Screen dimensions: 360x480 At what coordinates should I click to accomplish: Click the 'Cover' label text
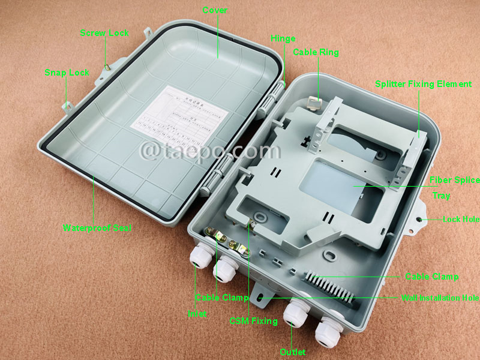coord(215,10)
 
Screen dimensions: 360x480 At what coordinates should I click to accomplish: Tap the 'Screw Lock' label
coord(104,33)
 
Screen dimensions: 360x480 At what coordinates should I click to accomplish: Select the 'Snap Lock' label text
coord(67,73)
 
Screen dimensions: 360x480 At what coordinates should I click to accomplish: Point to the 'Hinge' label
coord(283,38)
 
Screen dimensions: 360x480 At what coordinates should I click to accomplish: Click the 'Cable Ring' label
coord(316,52)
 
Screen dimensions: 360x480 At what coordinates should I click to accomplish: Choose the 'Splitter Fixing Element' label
coord(423,84)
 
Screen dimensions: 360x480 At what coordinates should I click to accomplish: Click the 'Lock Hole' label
coord(461,220)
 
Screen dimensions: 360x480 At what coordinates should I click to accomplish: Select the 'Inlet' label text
coord(197,313)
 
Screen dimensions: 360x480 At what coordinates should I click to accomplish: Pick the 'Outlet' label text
coord(293,352)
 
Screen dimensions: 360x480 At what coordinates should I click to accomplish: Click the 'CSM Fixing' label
coord(253,321)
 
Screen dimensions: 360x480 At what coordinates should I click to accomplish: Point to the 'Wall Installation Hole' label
coord(440,298)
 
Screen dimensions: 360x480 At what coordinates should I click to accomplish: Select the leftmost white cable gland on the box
coord(199,257)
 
